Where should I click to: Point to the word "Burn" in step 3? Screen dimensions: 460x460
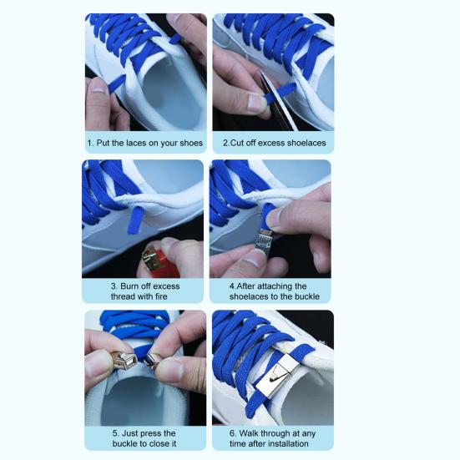click(130, 286)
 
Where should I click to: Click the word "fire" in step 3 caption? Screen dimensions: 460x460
click(161, 296)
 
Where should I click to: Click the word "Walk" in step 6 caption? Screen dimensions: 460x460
click(249, 433)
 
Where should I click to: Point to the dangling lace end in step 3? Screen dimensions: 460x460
click(135, 220)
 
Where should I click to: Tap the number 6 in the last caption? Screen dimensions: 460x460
click(232, 433)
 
